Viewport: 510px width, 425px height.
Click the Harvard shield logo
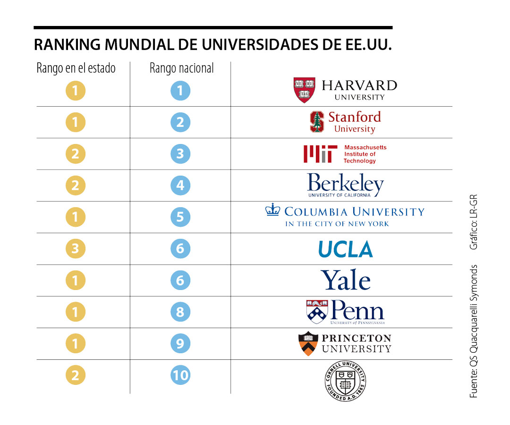point(305,90)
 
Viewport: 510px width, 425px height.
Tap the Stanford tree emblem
point(317,122)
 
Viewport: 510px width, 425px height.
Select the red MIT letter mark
point(320,154)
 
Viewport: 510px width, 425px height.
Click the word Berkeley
point(345,183)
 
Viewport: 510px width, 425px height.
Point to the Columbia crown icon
point(272,210)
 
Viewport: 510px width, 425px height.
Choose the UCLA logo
point(345,249)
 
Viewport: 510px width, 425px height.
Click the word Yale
point(346,280)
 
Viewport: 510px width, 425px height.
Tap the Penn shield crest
point(317,311)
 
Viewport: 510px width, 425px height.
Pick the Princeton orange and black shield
point(308,343)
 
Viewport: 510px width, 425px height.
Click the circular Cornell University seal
point(345,380)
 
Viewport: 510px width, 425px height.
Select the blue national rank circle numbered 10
point(180,375)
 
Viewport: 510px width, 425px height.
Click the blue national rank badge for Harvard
point(180,91)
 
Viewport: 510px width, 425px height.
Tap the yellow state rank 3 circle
point(76,249)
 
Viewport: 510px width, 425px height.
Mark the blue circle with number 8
point(180,312)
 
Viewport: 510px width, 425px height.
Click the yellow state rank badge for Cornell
point(76,375)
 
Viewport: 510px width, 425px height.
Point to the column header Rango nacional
point(182,68)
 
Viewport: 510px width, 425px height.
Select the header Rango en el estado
point(76,68)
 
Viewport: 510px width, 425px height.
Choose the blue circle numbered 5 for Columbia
point(180,217)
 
